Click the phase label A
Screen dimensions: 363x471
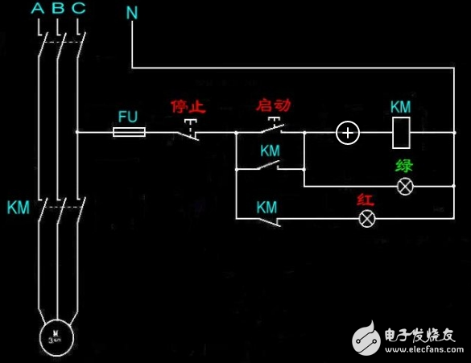pos(38,10)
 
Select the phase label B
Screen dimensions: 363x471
pos(58,10)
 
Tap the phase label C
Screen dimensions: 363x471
pos(78,10)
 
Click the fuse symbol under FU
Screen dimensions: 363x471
pos(129,131)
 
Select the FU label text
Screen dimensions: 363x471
pos(128,116)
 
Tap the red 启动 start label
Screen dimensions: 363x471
pos(273,105)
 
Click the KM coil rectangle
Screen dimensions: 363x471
pos(402,132)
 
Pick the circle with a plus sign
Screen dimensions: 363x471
pos(347,132)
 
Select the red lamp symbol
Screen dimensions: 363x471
pos(367,218)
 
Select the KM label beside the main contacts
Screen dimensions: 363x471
pos(18,208)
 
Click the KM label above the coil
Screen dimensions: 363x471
pos(401,107)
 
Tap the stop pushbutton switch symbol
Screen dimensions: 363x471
pos(188,131)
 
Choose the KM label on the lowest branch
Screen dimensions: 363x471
pos(267,207)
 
